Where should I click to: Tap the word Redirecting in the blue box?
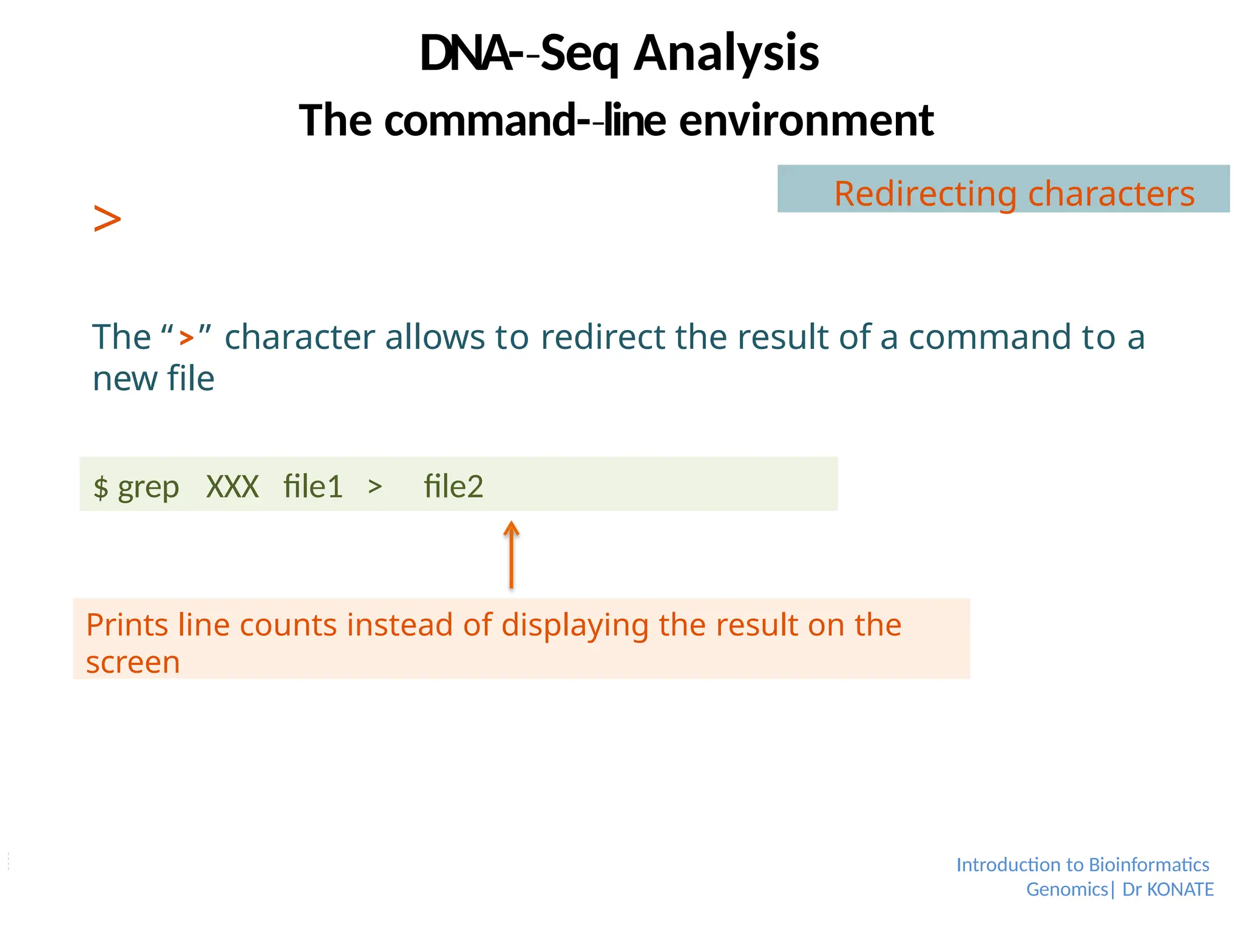pyautogui.click(x=925, y=194)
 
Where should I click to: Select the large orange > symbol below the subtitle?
pyautogui.click(x=107, y=219)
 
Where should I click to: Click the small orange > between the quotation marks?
pyautogui.click(x=186, y=337)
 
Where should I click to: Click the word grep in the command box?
pyautogui.click(x=148, y=487)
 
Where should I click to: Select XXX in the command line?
pyautogui.click(x=232, y=487)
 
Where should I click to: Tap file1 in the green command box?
pyautogui.click(x=313, y=487)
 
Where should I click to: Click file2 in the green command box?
pyautogui.click(x=453, y=487)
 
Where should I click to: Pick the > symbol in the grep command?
pyautogui.click(x=375, y=486)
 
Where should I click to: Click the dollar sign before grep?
pyautogui.click(x=101, y=487)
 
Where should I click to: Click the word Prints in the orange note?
pyautogui.click(x=126, y=625)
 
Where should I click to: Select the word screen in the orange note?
pyautogui.click(x=133, y=662)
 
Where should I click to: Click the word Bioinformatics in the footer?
pyautogui.click(x=1148, y=865)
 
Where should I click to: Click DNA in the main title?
pyautogui.click(x=464, y=53)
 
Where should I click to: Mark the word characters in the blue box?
pyautogui.click(x=1111, y=194)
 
